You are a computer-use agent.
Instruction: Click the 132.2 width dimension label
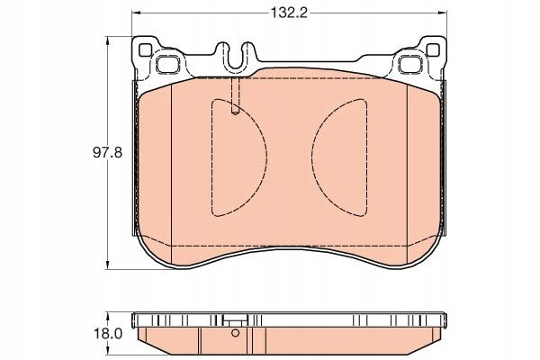288,13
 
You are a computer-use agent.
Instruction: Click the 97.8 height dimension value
107,152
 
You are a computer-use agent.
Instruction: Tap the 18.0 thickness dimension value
108,334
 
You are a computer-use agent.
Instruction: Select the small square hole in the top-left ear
145,50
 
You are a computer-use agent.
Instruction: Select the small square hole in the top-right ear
433,50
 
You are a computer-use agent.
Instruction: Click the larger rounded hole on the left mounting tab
167,64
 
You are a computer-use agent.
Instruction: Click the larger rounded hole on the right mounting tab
410,64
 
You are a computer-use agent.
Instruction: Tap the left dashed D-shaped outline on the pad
267,158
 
